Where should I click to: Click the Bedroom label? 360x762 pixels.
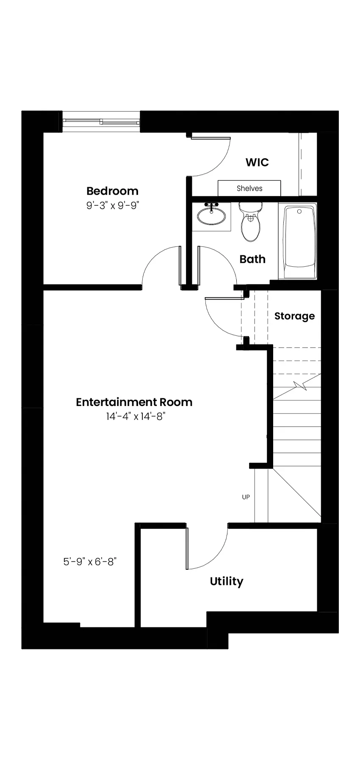point(112,191)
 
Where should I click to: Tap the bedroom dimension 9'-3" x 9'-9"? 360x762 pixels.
point(113,206)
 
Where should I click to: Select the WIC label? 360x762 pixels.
point(257,162)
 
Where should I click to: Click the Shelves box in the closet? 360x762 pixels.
point(249,188)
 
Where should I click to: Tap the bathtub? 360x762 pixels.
point(300,242)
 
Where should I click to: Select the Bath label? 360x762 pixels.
point(252,259)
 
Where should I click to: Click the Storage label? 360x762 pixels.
point(294,316)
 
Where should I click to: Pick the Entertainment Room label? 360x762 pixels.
point(134,402)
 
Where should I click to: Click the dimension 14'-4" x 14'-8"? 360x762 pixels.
point(135,417)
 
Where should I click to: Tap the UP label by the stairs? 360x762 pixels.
point(246,497)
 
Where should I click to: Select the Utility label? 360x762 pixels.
point(227,582)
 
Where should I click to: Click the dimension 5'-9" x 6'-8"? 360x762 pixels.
point(90,562)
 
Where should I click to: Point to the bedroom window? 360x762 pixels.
point(101,121)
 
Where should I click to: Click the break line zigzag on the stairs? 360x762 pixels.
point(303,386)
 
